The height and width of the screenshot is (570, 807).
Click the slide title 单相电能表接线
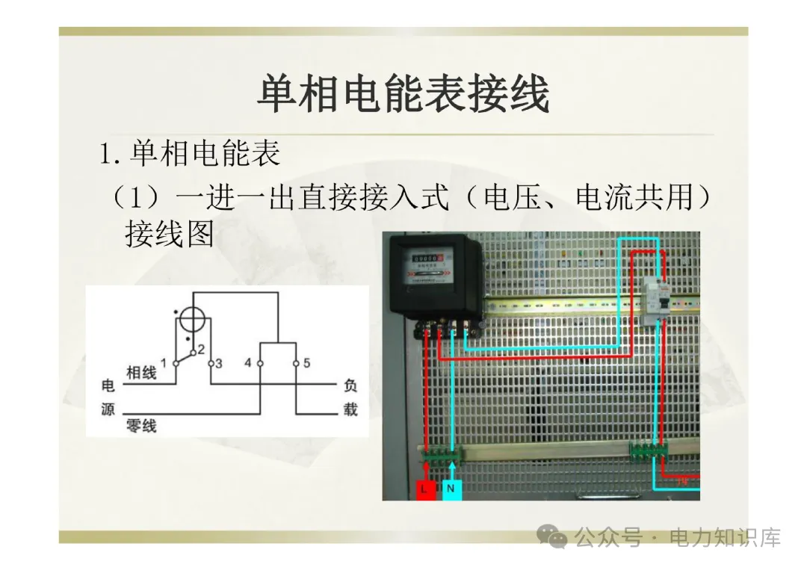pyautogui.click(x=403, y=95)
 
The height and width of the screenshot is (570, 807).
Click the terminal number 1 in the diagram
pyautogui.click(x=164, y=362)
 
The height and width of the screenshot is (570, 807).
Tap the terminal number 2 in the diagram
pyautogui.click(x=200, y=349)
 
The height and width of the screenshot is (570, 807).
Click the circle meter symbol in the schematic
pyautogui.click(x=194, y=320)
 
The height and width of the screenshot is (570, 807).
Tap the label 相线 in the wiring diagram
pyautogui.click(x=141, y=372)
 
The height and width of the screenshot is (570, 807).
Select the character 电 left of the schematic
pyautogui.click(x=108, y=386)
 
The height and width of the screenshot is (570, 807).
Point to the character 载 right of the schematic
pyautogui.click(x=350, y=410)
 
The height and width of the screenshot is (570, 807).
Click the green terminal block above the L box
pyautogui.click(x=441, y=453)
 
